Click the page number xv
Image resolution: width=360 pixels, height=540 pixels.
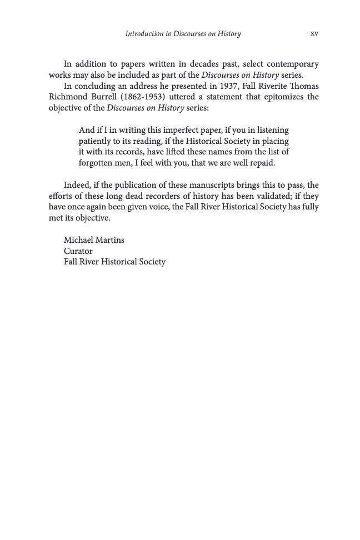pyautogui.click(x=314, y=33)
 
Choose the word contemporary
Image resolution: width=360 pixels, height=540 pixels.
pyautogui.click(x=291, y=64)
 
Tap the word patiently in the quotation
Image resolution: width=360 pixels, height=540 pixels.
pyautogui.click(x=97, y=141)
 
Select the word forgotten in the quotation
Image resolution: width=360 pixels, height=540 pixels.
pyautogui.click(x=97, y=163)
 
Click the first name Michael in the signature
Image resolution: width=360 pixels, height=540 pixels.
pyautogui.click(x=79, y=240)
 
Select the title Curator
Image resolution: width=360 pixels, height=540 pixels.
pyautogui.click(x=78, y=251)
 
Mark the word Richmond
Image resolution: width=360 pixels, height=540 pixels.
pyautogui.click(x=66, y=97)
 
